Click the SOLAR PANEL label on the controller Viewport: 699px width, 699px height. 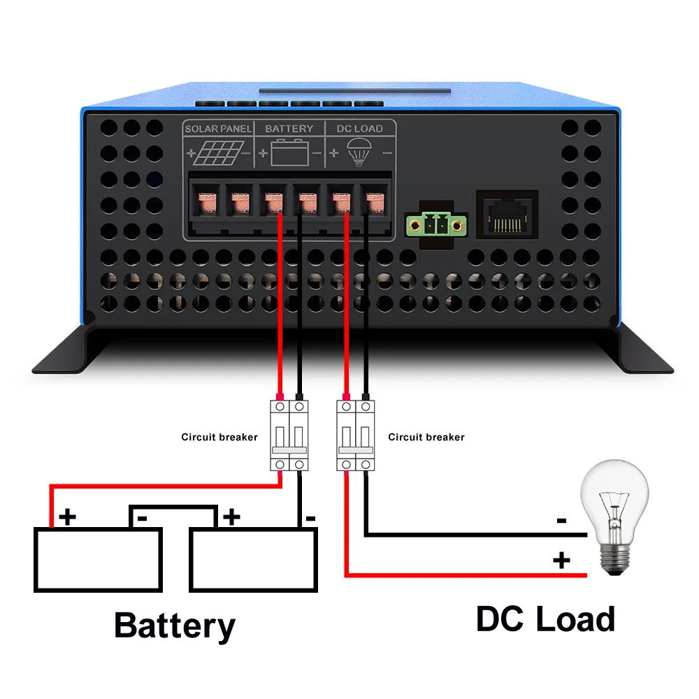(x=217, y=129)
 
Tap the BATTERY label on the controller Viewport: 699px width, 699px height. (x=289, y=129)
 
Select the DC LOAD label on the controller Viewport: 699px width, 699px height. (x=360, y=129)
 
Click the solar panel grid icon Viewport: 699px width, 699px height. (x=217, y=152)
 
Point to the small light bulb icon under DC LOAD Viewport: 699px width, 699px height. (x=359, y=151)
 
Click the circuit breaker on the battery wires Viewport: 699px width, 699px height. (x=289, y=435)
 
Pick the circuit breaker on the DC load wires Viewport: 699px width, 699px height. (x=355, y=435)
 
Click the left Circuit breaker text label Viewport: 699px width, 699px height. (x=219, y=437)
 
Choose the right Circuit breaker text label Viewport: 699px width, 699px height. (x=426, y=437)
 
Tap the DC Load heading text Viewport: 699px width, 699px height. (x=545, y=619)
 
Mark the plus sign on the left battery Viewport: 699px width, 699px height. (x=68, y=517)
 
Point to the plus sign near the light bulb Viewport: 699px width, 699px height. (x=561, y=559)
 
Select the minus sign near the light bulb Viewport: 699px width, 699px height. (x=561, y=521)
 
